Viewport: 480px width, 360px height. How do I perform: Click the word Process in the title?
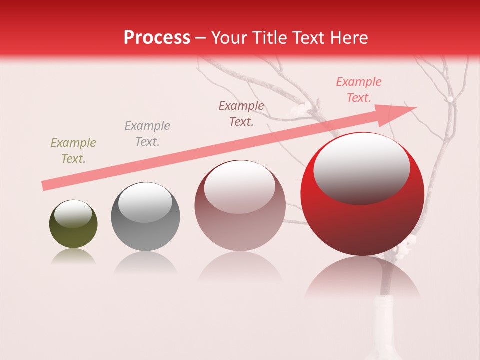[x=157, y=37]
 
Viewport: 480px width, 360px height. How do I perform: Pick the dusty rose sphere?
[x=240, y=205]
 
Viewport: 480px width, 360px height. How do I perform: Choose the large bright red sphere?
[x=362, y=194]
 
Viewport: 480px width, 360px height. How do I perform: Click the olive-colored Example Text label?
[x=73, y=151]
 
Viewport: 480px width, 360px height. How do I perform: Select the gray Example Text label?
[x=147, y=134]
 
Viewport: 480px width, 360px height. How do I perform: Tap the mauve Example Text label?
[x=241, y=113]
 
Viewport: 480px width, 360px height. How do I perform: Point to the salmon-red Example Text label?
[x=359, y=90]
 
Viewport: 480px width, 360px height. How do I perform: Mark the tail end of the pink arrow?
[x=45, y=185]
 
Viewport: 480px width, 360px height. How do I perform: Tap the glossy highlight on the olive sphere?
[x=73, y=214]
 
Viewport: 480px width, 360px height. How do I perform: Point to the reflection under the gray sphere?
[x=145, y=263]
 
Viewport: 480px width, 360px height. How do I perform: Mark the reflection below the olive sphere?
[x=73, y=256]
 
